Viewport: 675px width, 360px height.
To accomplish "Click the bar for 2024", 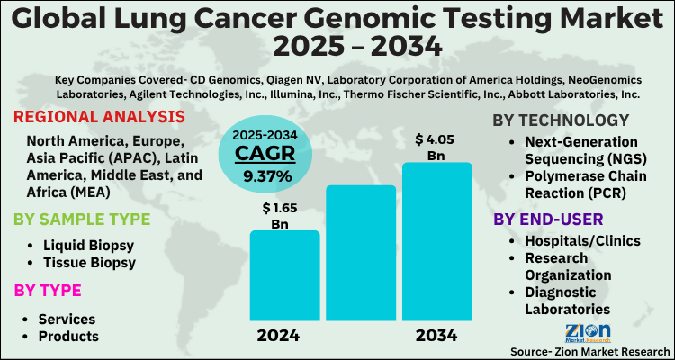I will [x=284, y=275].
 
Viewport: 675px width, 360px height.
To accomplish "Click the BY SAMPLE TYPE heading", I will [x=82, y=219].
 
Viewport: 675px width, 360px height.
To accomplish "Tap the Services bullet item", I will [x=67, y=319].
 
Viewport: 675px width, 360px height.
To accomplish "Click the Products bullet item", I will [x=67, y=337].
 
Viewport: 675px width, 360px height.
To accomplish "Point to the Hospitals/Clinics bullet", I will [x=582, y=240].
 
